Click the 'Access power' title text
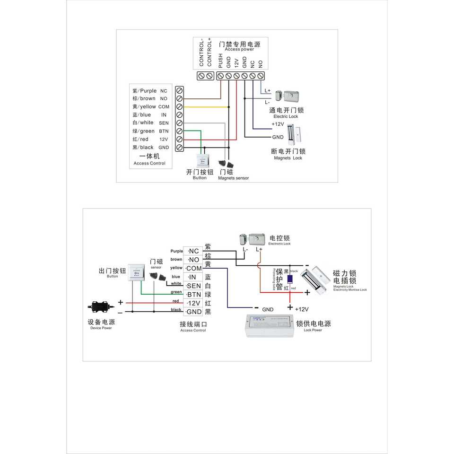(x=239, y=49)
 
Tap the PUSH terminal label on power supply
(x=220, y=60)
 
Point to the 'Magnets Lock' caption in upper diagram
(x=288, y=158)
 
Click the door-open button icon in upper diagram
(x=202, y=160)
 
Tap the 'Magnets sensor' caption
(x=233, y=178)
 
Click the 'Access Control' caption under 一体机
(x=149, y=163)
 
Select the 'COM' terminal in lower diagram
(x=194, y=268)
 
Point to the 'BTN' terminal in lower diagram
(x=194, y=294)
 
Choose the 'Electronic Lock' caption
(x=279, y=244)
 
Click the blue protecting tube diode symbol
(x=289, y=279)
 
